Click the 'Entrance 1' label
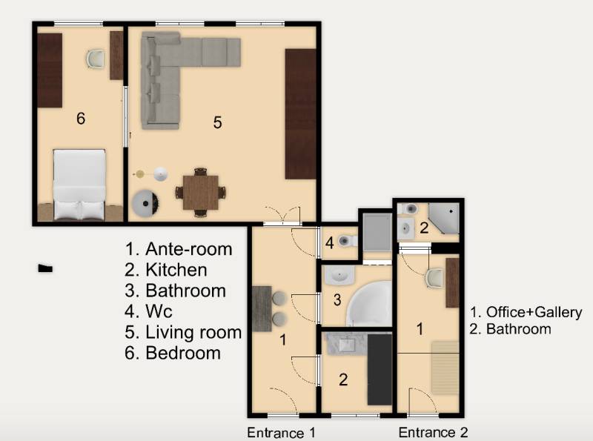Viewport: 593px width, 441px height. (x=281, y=432)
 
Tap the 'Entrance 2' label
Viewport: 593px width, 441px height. (x=433, y=432)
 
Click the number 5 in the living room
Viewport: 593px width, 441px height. (x=217, y=122)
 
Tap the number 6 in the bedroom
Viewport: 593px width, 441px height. (x=81, y=119)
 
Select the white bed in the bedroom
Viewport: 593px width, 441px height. (x=79, y=185)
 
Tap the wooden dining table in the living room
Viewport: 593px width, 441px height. (x=200, y=193)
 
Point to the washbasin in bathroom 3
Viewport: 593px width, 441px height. (x=339, y=274)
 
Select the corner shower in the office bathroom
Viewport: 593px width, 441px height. (x=443, y=218)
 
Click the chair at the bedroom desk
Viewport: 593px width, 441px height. (x=95, y=59)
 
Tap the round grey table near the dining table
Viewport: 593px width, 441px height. (x=145, y=204)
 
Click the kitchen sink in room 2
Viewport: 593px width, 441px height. (x=347, y=345)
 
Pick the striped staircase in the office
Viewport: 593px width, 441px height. (x=445, y=368)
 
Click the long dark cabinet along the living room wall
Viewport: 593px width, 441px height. (x=300, y=114)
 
